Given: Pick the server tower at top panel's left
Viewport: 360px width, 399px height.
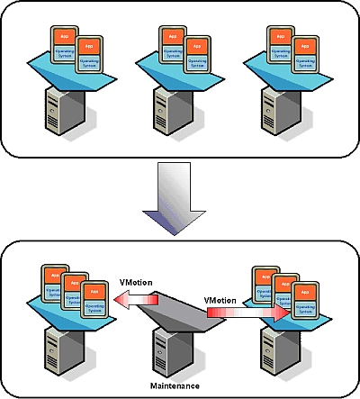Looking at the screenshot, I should [68, 113].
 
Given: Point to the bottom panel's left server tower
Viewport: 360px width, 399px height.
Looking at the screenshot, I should [68, 350].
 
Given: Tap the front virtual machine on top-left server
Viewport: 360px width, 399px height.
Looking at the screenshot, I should [85, 57].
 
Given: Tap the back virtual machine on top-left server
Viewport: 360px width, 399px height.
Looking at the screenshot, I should [62, 45].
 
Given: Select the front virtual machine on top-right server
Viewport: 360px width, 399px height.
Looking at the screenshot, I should [308, 57].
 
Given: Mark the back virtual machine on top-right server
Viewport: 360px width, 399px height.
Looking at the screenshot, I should [284, 45].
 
